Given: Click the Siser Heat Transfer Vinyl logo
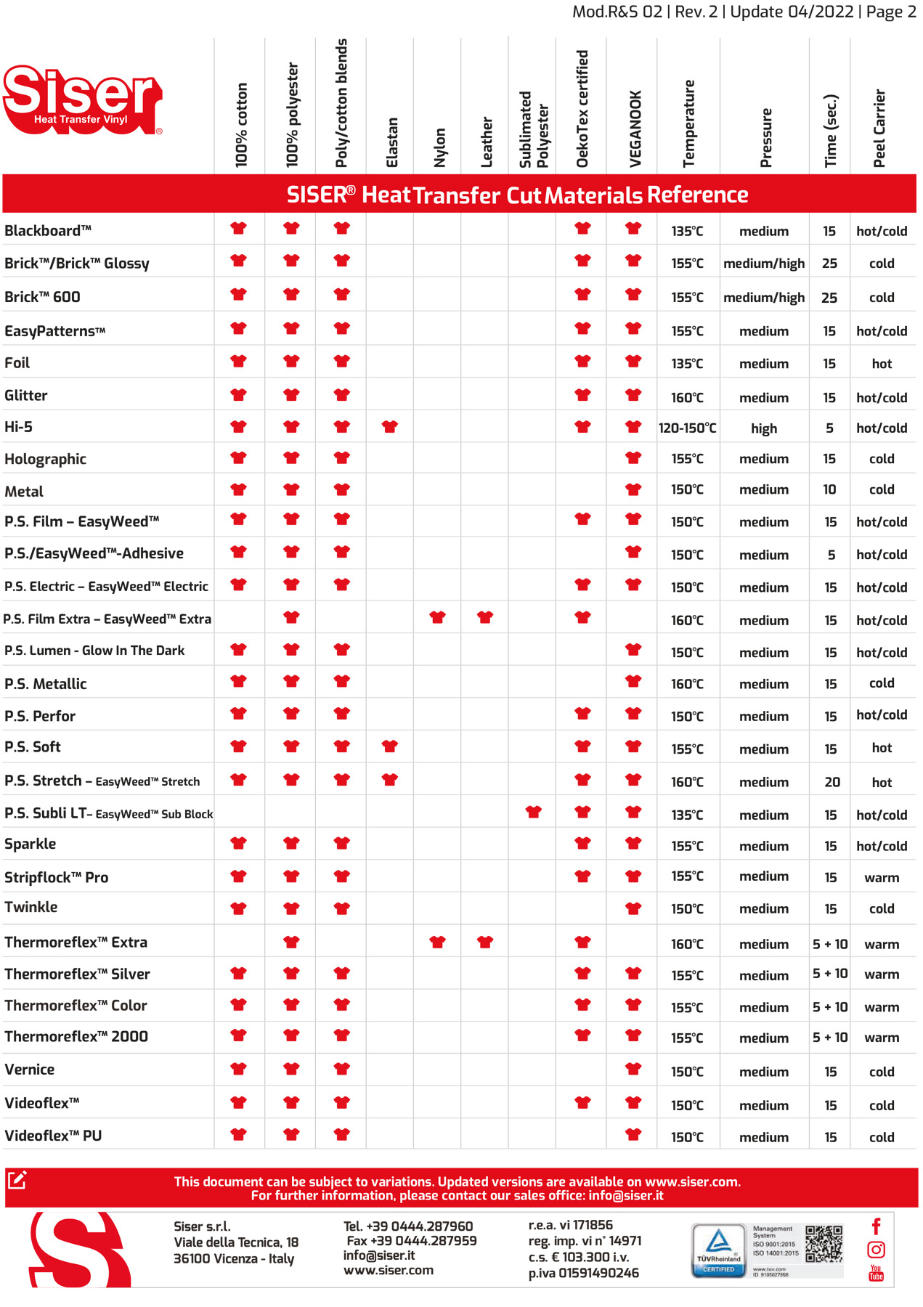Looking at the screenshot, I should point(82,100).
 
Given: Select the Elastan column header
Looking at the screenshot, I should point(392,142).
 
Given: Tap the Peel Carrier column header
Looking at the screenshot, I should point(879,129).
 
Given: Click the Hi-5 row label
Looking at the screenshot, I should point(19,427).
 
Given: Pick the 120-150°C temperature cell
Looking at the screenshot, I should point(687,428).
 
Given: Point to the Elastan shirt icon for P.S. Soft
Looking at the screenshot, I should point(390,746).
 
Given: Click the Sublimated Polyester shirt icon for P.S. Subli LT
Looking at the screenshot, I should point(534,813).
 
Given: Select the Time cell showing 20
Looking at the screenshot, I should point(832,782).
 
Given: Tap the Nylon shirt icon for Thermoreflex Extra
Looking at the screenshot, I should point(437,942).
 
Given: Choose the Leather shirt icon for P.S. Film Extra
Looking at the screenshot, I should point(485,618).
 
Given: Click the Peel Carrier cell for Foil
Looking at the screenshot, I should point(882,364).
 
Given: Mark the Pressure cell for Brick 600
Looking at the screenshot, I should point(764,298).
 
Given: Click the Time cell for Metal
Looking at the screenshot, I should point(829,490).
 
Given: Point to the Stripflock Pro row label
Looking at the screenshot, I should point(57,877).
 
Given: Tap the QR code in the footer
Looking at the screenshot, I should point(824,1244).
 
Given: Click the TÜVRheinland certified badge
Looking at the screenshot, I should point(718,1250).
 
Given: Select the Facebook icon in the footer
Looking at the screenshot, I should point(877,1226).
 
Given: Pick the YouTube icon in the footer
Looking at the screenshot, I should point(877,1273).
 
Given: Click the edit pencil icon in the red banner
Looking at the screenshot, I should point(17,1180).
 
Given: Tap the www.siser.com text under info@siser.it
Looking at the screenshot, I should point(389,1271).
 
